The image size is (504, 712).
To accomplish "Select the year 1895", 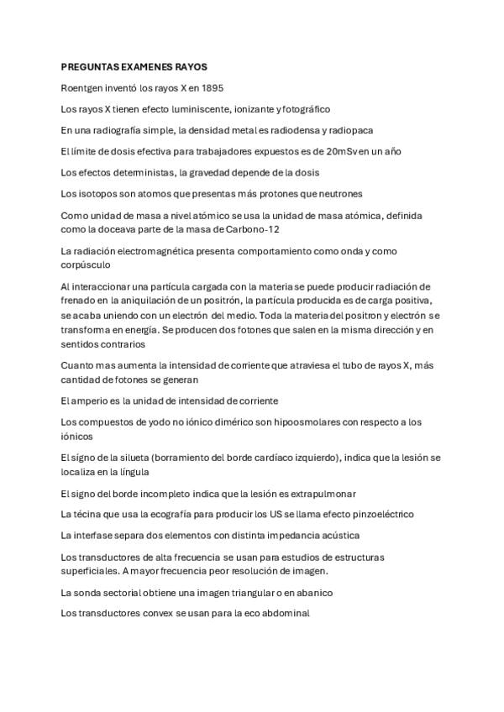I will [212, 87].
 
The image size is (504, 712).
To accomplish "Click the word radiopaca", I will [351, 130].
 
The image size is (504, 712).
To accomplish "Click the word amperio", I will [92, 400].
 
